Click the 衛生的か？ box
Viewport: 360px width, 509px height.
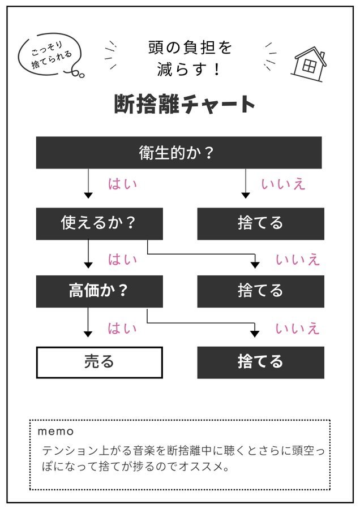179,153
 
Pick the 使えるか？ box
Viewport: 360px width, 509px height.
99,223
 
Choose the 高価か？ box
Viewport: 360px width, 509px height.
99,291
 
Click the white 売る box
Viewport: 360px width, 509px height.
99,362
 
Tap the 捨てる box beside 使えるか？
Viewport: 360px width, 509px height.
260,223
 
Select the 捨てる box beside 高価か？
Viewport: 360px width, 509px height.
260,291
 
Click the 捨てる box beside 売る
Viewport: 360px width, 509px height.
260,362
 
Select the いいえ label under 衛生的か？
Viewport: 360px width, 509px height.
283,184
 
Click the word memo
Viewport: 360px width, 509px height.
55,432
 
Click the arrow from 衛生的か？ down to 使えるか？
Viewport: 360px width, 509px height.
88,184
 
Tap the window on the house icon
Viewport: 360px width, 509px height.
308,66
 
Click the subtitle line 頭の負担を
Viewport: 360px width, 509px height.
190,48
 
